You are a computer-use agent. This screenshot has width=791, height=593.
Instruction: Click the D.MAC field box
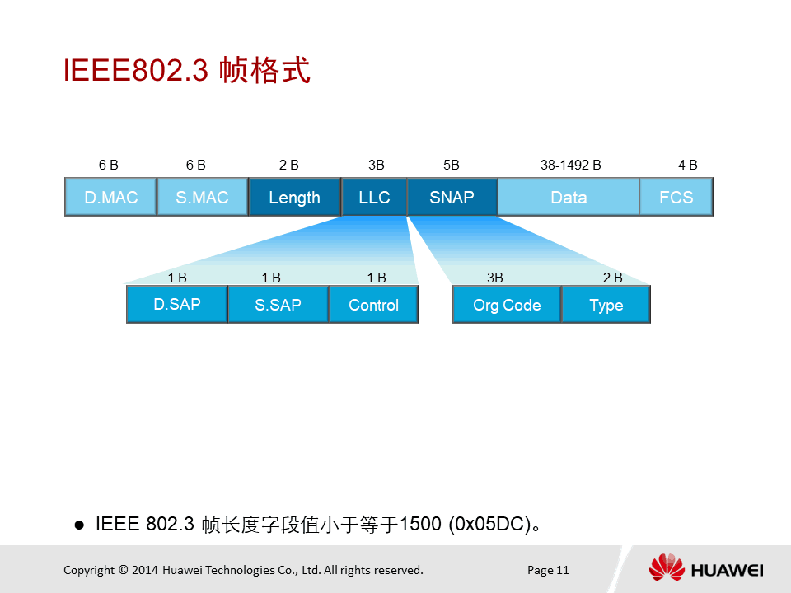(110, 197)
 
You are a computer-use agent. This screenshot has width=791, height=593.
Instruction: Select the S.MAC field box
(203, 197)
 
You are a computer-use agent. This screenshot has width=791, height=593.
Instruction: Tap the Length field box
(295, 197)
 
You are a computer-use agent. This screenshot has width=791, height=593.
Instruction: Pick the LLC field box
(374, 197)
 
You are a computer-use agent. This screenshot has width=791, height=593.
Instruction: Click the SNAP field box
(452, 197)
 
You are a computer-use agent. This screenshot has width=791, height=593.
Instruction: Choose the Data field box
(569, 197)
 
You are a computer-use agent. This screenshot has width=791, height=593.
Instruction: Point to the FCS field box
(676, 197)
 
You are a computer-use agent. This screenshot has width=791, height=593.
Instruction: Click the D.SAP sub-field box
(177, 304)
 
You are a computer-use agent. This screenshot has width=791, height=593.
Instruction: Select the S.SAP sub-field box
(278, 304)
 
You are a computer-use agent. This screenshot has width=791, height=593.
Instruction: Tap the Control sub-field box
(374, 304)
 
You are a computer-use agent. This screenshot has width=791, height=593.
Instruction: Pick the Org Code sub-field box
(507, 304)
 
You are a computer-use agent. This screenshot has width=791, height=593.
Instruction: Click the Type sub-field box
(606, 304)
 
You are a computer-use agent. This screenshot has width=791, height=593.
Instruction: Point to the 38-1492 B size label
(570, 165)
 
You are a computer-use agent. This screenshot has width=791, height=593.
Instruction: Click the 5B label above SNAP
(452, 165)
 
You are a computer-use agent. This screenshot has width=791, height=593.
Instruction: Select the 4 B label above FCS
(687, 165)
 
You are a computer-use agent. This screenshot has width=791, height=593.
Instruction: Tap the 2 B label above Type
(612, 278)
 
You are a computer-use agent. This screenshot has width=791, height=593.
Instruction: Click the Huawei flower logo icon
(667, 567)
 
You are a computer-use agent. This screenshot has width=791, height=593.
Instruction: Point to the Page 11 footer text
(548, 570)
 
